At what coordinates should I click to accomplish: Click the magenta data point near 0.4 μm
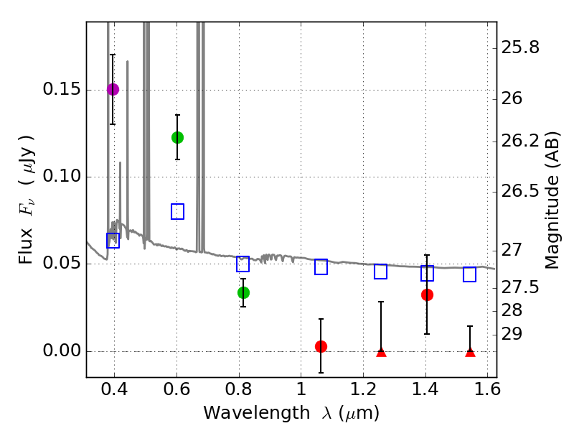113,89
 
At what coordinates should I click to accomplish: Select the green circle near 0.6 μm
177,137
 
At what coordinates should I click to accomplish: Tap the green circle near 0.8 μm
243,292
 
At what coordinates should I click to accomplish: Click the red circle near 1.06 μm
321,346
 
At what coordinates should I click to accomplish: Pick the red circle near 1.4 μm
427,295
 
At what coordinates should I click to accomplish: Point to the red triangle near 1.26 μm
381,351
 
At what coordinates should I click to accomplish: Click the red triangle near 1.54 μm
470,351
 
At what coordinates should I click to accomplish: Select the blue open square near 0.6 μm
177,211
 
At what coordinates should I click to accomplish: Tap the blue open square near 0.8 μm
243,264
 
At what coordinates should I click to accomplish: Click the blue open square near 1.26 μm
381,272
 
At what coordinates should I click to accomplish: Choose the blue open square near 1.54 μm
470,274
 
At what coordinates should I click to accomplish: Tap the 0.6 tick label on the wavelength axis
177,392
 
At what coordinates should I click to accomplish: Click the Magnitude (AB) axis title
552,200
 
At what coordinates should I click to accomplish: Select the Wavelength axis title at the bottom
291,414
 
